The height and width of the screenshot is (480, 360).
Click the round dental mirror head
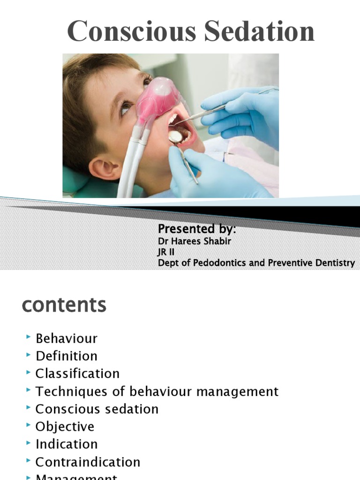(175, 136)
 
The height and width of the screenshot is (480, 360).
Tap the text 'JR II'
(166, 252)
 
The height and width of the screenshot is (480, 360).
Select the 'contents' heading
(64, 305)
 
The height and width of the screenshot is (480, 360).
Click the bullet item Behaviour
(67, 338)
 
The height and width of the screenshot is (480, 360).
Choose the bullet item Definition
(67, 356)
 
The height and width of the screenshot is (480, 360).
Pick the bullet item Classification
(77, 374)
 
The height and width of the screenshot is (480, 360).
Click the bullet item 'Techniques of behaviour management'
(157, 391)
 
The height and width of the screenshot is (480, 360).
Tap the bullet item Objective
(65, 427)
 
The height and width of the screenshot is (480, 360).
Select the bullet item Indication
(67, 444)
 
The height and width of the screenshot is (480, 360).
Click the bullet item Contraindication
(88, 462)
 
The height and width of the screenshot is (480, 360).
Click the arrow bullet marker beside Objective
(29, 426)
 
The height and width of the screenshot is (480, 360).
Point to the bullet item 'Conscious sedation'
(97, 409)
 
